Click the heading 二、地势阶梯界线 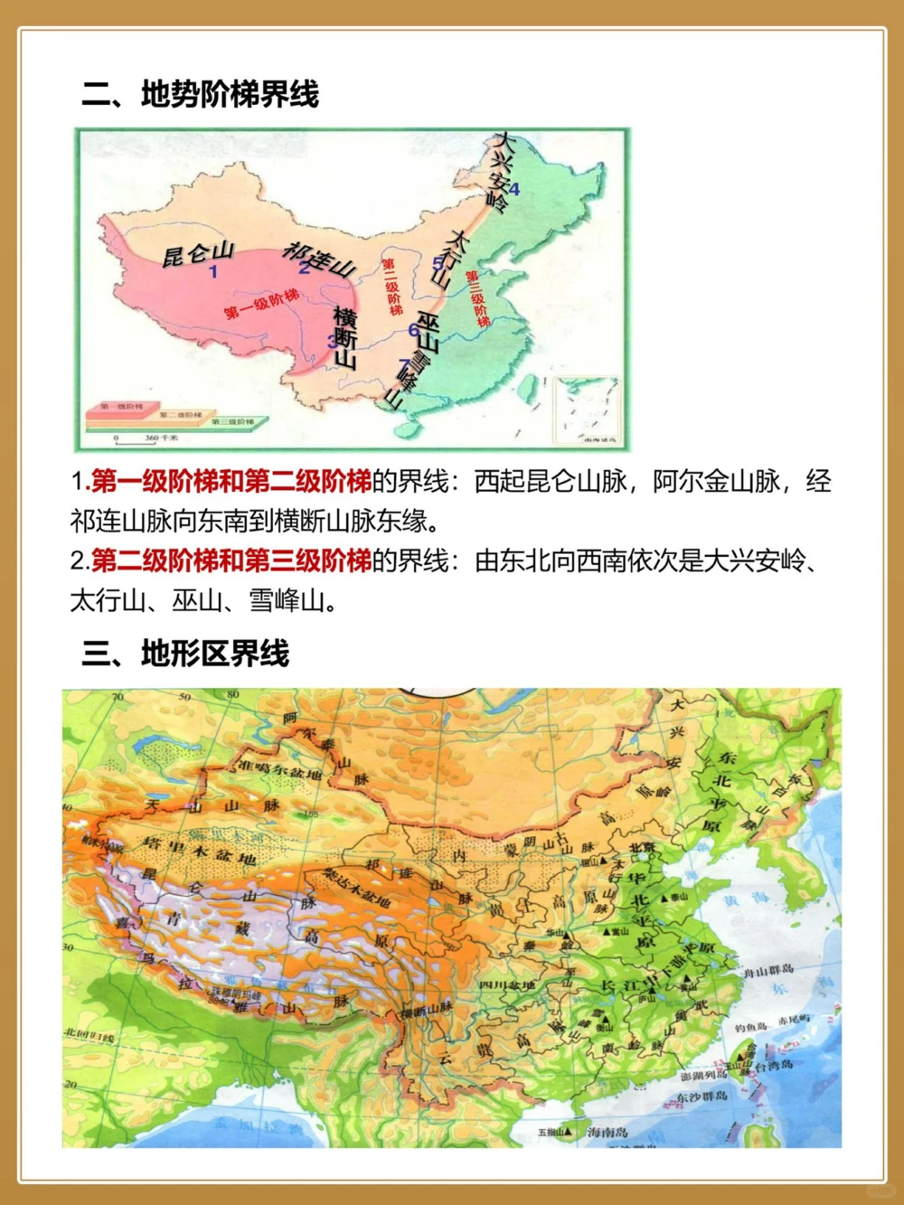200,94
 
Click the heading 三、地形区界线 185,653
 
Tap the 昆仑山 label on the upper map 197,254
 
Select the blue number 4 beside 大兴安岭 514,190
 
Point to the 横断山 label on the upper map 345,336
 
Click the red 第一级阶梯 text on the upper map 261,305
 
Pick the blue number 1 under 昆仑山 213,272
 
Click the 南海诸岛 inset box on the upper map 588,410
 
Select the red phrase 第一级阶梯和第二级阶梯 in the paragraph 231,482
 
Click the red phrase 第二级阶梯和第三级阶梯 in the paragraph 231,561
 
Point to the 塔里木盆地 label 199,850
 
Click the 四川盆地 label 507,984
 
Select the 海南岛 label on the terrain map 607,1131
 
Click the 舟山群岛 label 767,971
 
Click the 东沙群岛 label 702,1097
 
